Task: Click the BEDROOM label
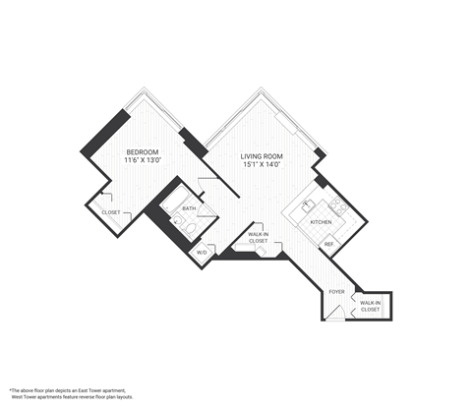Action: pos(144,151)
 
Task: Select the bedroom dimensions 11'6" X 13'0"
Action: pos(144,161)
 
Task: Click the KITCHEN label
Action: pos(322,223)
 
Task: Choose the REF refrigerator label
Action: pos(328,243)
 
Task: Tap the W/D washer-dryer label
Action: pos(203,253)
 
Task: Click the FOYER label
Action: pos(336,292)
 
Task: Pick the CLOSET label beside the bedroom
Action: pos(111,212)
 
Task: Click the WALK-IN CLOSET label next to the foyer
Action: pos(370,306)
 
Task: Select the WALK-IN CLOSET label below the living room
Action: pos(258,237)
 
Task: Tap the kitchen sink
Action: pos(306,205)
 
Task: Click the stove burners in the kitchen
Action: pos(336,206)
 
